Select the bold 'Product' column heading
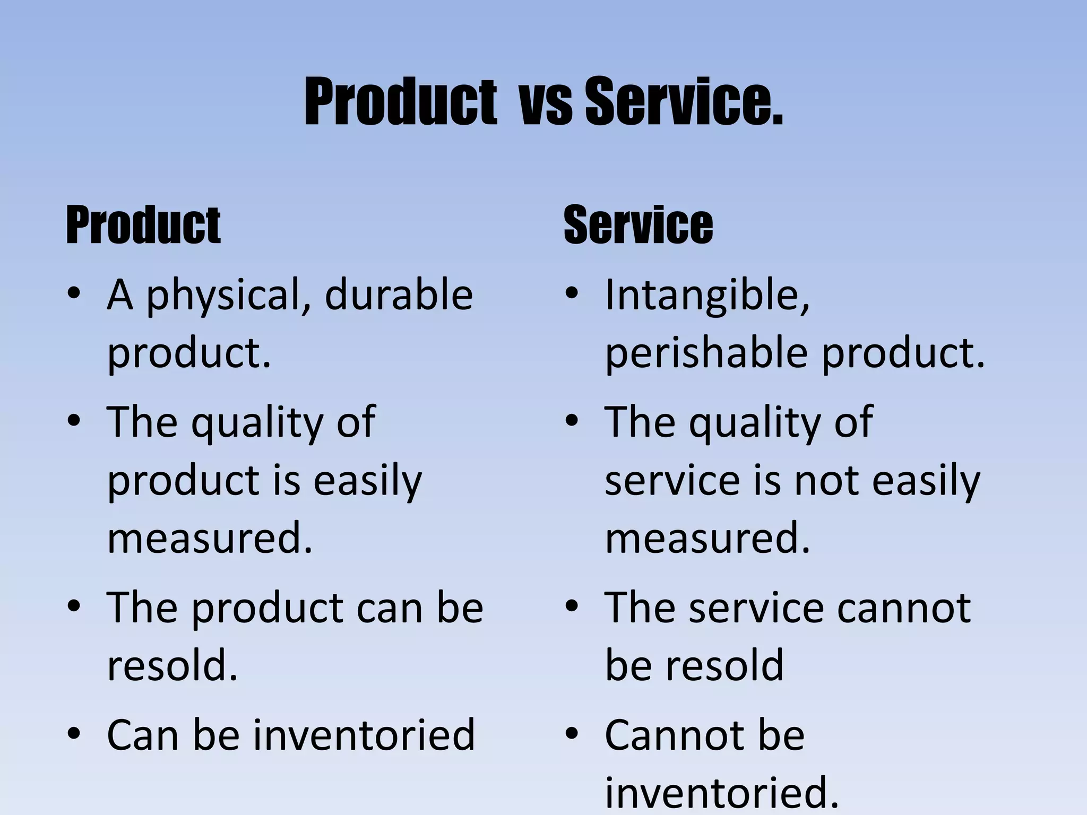pos(143,226)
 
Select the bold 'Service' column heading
pos(638,225)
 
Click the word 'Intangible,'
pos(708,295)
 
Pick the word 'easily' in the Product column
pos(367,481)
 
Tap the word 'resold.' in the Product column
pos(172,665)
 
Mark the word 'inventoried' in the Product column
pos(364,735)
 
